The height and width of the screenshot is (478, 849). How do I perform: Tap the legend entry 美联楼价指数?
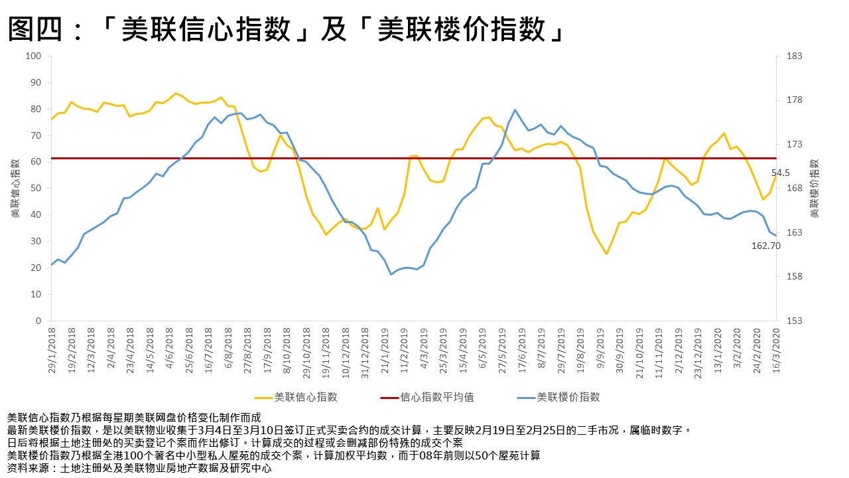568,397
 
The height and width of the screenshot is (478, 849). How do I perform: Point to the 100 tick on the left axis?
33,56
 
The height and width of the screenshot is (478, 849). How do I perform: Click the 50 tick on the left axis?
36,189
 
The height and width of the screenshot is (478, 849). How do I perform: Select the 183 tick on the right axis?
793,56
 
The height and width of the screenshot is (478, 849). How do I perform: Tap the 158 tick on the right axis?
793,277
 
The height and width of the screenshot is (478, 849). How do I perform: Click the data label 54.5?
780,173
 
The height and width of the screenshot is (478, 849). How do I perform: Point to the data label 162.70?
765,246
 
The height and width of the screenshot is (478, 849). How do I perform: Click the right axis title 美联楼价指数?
815,189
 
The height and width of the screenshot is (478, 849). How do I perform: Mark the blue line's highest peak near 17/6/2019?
515,110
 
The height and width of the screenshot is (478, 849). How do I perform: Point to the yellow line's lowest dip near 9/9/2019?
606,254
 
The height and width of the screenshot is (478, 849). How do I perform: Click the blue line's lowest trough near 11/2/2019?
391,274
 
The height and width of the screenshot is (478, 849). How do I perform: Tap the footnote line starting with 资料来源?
139,468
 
